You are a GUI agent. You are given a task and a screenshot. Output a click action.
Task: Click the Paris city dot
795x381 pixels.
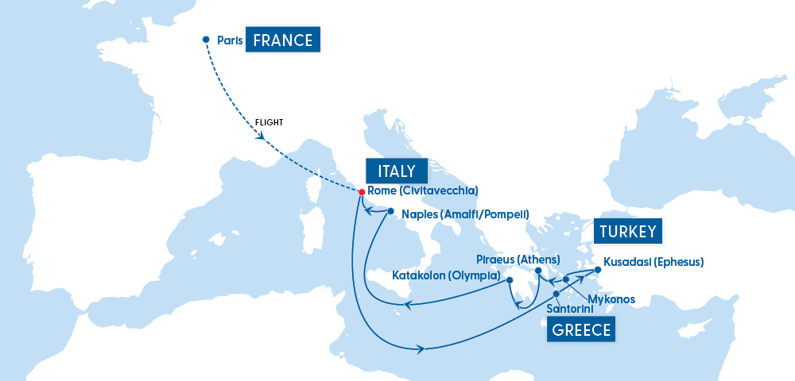[x=206, y=40]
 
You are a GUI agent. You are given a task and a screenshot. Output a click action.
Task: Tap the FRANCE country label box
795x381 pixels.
[x=282, y=40]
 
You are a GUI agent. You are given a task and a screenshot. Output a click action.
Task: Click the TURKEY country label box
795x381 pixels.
[x=629, y=232]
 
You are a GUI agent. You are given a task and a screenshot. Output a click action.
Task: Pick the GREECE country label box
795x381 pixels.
[x=582, y=330]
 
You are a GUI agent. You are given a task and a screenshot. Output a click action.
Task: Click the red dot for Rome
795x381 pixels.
[x=362, y=192]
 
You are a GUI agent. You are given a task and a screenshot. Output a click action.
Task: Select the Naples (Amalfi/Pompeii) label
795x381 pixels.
[x=465, y=214]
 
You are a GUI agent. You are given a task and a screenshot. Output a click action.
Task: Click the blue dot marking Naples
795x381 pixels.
[x=390, y=211]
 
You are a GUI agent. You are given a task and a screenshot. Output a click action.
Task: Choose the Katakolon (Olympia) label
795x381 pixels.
[x=446, y=276]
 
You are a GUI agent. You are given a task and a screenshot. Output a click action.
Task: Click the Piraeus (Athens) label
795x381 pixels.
[x=518, y=260]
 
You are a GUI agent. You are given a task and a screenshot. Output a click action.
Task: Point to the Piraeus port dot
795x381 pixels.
[x=538, y=271]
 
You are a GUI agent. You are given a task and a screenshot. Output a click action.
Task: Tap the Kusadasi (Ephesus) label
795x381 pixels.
[x=653, y=260]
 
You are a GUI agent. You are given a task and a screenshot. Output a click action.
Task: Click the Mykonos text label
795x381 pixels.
[x=611, y=299]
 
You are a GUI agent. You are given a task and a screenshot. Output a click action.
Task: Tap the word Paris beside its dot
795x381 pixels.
[x=230, y=40]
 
